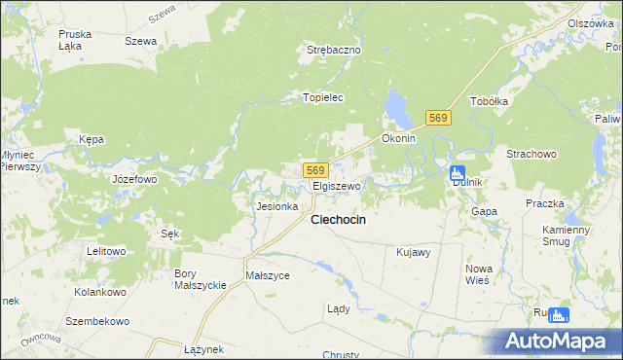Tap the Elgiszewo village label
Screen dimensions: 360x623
337,185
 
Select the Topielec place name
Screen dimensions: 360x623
324,98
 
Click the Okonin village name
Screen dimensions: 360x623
399,138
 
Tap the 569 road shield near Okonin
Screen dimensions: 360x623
437,118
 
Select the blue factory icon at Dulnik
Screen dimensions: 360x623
458,173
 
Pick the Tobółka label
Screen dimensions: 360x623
490,101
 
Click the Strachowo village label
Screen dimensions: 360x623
531,154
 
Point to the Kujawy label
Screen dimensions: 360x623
414,252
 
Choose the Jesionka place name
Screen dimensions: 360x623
275,206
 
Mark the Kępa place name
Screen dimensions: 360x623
92,139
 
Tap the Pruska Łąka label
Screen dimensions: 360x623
75,39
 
